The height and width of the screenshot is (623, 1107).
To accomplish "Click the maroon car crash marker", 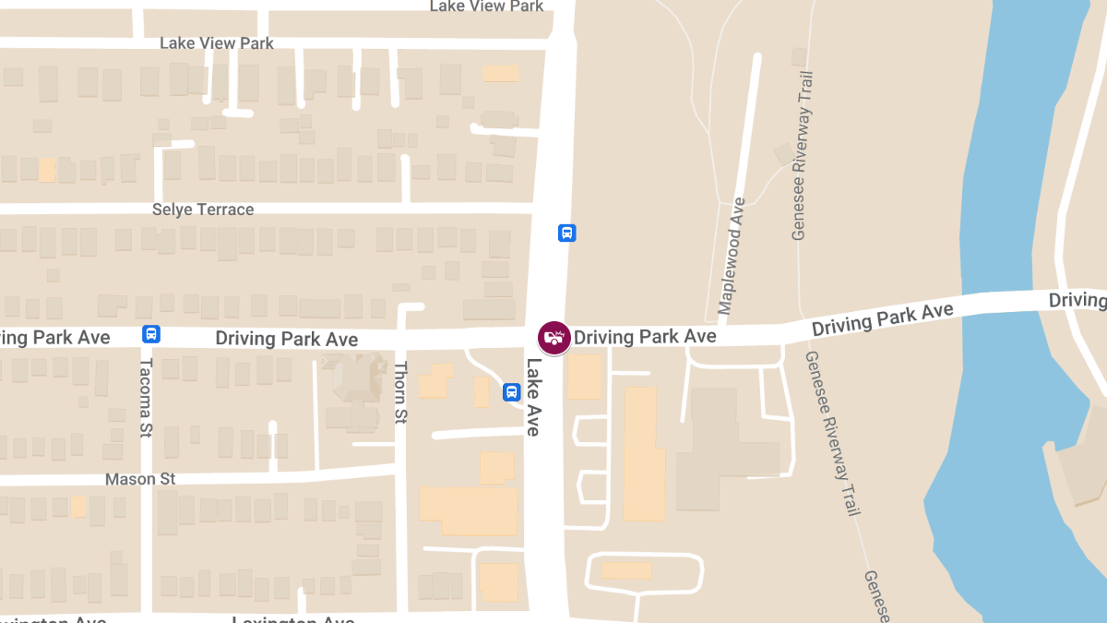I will [553, 338].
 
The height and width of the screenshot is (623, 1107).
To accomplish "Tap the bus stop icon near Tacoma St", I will [150, 334].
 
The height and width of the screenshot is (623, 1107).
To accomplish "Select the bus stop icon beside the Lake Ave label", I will [511, 392].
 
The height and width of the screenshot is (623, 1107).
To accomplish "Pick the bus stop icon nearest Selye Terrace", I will [566, 233].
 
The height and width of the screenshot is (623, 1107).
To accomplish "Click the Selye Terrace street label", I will [203, 210].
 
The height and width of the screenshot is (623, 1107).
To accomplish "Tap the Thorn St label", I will [400, 393].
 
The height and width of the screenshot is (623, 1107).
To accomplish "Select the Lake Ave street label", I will [534, 396].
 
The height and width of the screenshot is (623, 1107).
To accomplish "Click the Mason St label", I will [140, 479].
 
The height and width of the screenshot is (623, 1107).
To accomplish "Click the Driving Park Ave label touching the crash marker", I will [645, 337].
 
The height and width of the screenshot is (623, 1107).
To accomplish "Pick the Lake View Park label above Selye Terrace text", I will [217, 43].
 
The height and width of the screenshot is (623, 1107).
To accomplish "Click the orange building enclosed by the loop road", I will [626, 570].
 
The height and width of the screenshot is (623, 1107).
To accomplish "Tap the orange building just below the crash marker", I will [584, 377].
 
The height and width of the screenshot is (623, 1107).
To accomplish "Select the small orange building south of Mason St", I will [78, 507].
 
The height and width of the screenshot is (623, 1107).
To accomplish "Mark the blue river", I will [1006, 277].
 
